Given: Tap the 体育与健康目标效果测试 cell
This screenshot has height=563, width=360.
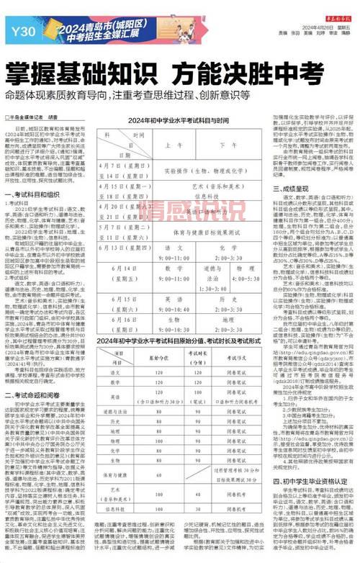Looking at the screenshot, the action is tap(201, 233).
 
